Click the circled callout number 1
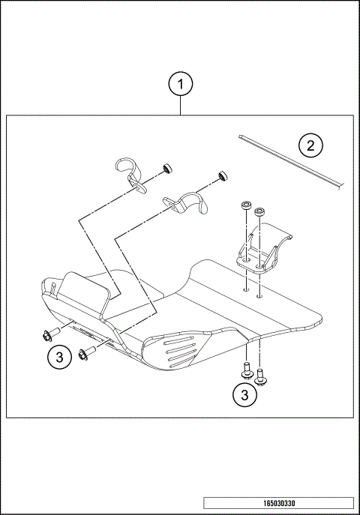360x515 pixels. [180, 84]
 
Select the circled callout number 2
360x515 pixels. [310, 145]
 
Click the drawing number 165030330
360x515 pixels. [277, 503]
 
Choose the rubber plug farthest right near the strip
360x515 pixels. [222, 175]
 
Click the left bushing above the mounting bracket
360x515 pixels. [245, 206]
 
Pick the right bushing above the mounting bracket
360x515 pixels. [259, 212]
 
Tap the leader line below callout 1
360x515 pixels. [180, 105]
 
